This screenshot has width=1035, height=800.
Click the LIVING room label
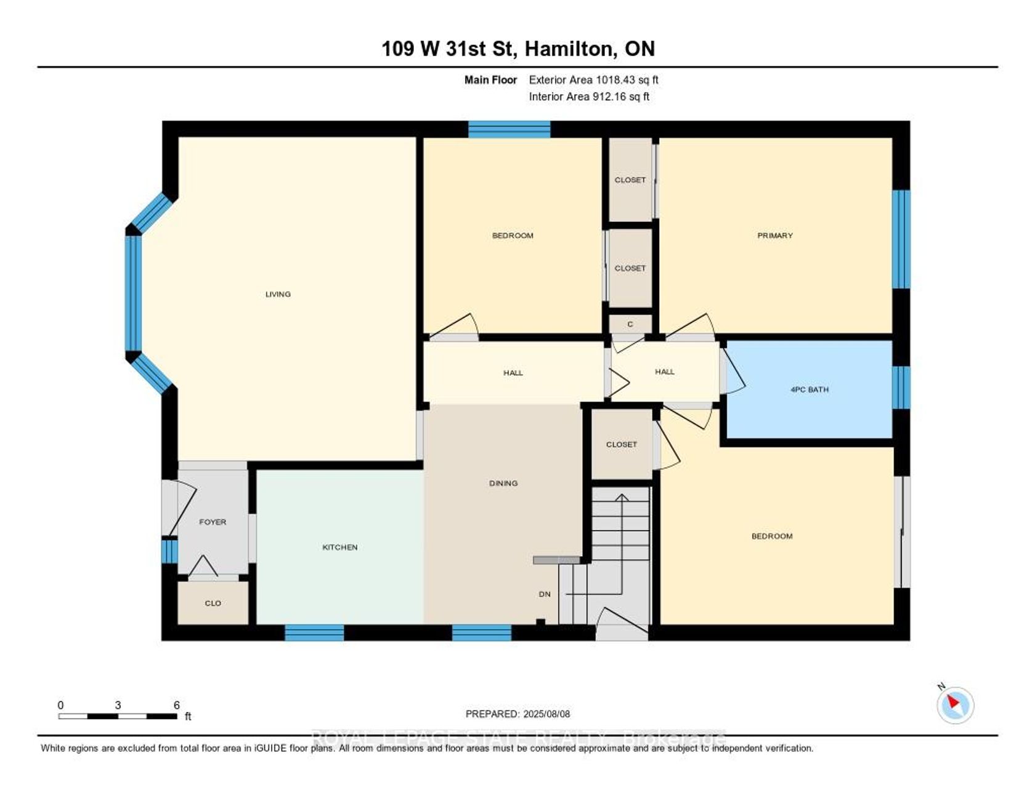pos(278,294)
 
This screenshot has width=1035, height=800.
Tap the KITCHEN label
pos(340,547)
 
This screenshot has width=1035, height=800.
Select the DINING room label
pos(503,483)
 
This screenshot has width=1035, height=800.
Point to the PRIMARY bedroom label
pos(775,235)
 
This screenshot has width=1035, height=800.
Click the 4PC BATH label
pos(810,390)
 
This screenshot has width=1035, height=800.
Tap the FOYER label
pos(213,522)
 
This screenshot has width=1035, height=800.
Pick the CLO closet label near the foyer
pos(213,603)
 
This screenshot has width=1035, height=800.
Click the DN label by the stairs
pos(545,594)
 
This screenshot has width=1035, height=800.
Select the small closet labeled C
pos(630,324)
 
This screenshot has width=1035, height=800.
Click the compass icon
pos(955,704)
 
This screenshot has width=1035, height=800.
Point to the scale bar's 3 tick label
pos(118,705)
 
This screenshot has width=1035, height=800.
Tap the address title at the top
pos(518,49)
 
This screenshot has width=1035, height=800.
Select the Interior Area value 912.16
pos(613,96)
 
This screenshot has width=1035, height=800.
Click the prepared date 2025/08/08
pos(546,714)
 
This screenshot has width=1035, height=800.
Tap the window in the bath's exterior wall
pos(901,388)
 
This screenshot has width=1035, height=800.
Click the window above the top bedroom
pos(509,129)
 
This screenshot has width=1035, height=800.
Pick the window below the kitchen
pos(314,633)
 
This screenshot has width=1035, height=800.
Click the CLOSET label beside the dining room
pos(622,444)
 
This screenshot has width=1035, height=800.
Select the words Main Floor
pos(491,80)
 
